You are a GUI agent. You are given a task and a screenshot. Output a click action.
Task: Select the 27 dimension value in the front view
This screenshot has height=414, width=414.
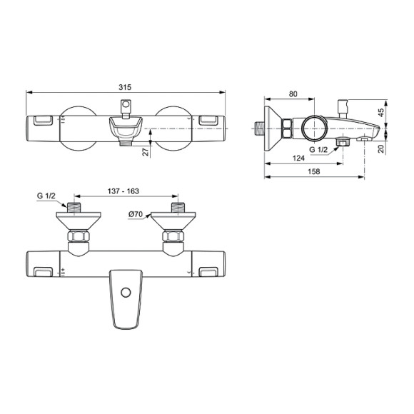145,152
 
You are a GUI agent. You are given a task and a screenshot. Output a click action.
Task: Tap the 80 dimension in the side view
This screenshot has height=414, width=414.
293,93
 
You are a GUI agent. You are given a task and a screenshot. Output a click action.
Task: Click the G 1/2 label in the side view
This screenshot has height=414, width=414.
319,150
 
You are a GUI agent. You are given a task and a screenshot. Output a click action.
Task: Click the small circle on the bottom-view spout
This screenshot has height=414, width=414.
126,293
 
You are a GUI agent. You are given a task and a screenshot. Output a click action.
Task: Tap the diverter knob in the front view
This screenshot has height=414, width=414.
126,108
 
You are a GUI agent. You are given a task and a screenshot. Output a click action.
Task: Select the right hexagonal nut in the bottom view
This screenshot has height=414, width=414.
175,237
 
